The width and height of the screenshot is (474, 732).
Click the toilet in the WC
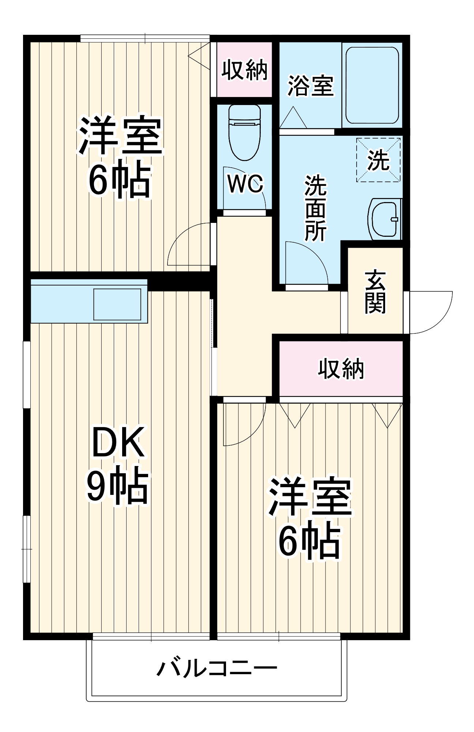pyautogui.click(x=244, y=134)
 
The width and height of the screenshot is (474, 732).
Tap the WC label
pyautogui.click(x=245, y=184)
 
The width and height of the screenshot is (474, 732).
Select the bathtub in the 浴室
pyautogui.click(x=372, y=85)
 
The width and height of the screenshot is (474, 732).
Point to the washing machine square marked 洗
pyautogui.click(x=378, y=160)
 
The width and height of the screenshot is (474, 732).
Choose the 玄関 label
pyautogui.click(x=375, y=292)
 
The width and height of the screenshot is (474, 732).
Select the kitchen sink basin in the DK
pyautogui.click(x=117, y=304)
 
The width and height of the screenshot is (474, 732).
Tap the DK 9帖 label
pyautogui.click(x=118, y=465)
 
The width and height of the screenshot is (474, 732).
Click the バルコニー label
pyautogui.click(x=217, y=669)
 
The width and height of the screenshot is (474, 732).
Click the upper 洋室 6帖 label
pyautogui.click(x=120, y=157)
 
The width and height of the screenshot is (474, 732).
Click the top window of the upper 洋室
pyautogui.click(x=145, y=38)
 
